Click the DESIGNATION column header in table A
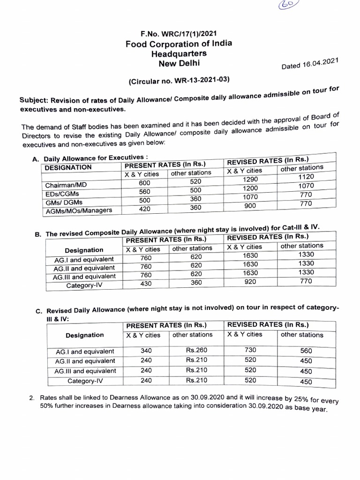tap(68, 167)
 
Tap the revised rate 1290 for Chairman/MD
tap(251, 180)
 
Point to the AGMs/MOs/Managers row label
tap(79, 211)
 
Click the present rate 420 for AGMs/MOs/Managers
tap(145, 209)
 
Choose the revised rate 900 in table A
tap(251, 206)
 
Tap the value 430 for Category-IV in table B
tap(146, 284)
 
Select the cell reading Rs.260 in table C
tap(196, 350)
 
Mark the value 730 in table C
tap(251, 350)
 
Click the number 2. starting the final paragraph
tap(32, 398)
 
